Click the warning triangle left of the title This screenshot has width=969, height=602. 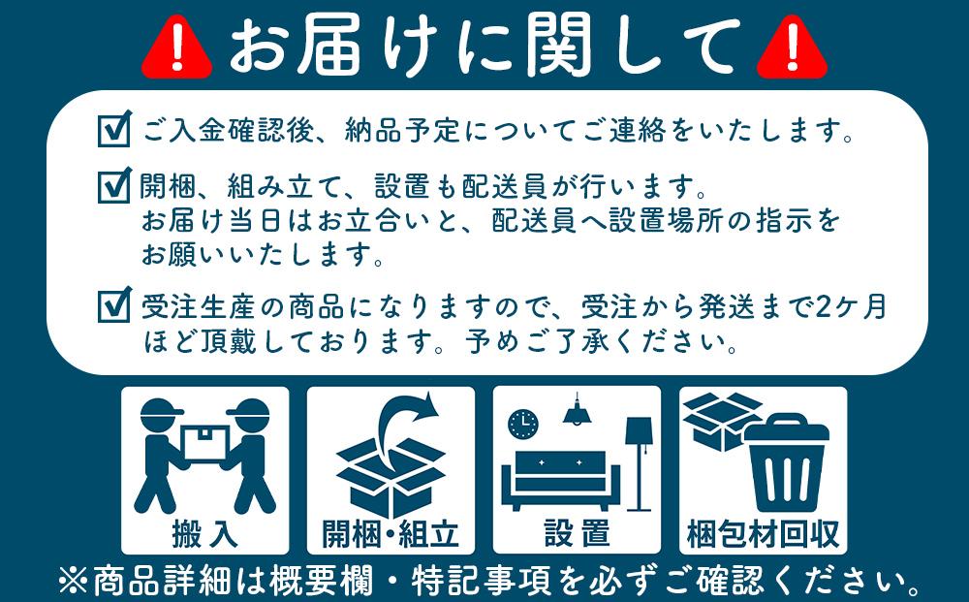pos(176,48)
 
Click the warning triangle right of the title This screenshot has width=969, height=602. pos(791,48)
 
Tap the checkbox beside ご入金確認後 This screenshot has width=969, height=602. pos(114,129)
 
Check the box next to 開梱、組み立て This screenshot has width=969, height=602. pos(114,183)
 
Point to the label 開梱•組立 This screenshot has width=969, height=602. pos(391,532)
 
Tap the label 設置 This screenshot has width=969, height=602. pos(577,532)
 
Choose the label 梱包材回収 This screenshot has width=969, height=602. pos(763,532)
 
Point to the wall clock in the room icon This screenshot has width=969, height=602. pos(523,424)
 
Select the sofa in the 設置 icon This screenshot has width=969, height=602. pos(561,474)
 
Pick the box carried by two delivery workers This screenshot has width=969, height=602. pos(205,443)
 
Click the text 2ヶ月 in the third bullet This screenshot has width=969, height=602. pos(851,307)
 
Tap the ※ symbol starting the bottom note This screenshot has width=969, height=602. pos(73,582)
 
